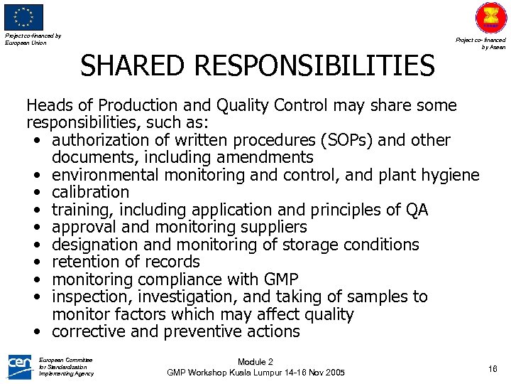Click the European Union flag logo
click(x=24, y=17)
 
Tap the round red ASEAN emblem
click(x=491, y=18)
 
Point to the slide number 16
click(x=493, y=368)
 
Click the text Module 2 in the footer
click(x=255, y=362)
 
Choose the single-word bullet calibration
click(x=91, y=192)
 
